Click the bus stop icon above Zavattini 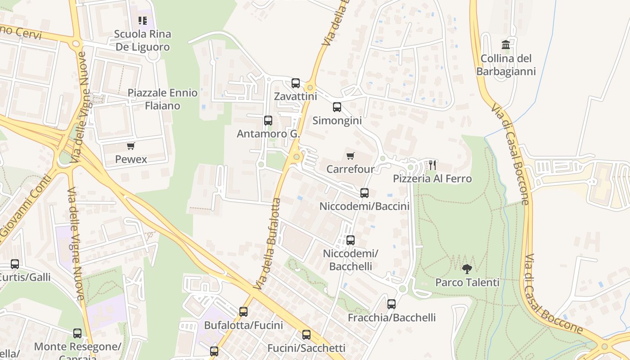pyautogui.click(x=296, y=83)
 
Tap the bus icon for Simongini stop pyautogui.click(x=337, y=107)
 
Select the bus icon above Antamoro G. pyautogui.click(x=268, y=121)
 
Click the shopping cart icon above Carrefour pyautogui.click(x=350, y=156)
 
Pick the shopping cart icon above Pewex pyautogui.click(x=131, y=146)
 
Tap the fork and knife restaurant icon pyautogui.click(x=432, y=165)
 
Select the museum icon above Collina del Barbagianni pyautogui.click(x=506, y=45)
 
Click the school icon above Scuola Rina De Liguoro pyautogui.click(x=143, y=21)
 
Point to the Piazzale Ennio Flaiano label pyautogui.click(x=162, y=99)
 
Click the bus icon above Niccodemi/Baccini pyautogui.click(x=364, y=193)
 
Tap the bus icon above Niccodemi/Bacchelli pyautogui.click(x=351, y=240)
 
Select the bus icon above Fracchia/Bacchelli pyautogui.click(x=391, y=304)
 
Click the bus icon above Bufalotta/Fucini pyautogui.click(x=243, y=312)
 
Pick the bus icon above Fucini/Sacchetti pyautogui.click(x=306, y=335)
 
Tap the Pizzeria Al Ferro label pyautogui.click(x=432, y=179)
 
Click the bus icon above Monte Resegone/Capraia pyautogui.click(x=77, y=333)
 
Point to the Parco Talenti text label pyautogui.click(x=467, y=283)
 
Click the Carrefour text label pyautogui.click(x=350, y=169)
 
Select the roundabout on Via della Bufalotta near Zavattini pyautogui.click(x=310, y=87)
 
